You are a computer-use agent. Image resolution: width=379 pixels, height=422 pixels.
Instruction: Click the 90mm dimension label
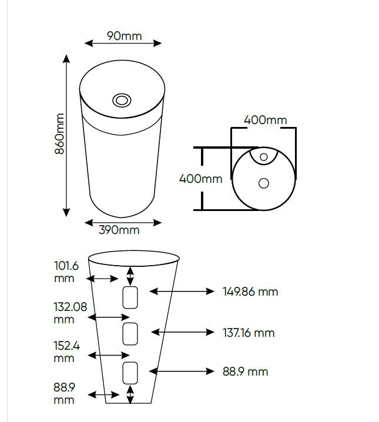[124, 36]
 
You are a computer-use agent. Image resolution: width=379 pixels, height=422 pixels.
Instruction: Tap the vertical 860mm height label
[59, 134]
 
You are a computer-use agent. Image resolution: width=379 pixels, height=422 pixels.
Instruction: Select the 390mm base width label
[119, 230]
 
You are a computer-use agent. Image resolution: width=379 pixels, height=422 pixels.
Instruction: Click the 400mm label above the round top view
[265, 120]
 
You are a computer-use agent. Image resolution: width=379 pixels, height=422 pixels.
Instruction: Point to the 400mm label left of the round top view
[200, 179]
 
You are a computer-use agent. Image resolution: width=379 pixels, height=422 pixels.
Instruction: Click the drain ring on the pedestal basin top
[122, 101]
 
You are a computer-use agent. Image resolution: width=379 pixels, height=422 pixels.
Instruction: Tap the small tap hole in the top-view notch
[264, 157]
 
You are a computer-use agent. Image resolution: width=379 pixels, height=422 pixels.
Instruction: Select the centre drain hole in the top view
[264, 183]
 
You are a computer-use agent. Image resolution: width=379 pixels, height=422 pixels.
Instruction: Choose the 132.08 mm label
[70, 313]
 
